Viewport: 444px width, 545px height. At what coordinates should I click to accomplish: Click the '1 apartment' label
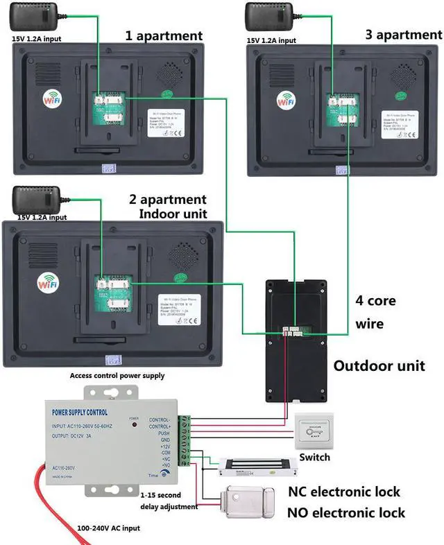click(x=164, y=36)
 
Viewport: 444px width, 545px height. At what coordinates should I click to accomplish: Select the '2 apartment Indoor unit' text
click(x=167, y=207)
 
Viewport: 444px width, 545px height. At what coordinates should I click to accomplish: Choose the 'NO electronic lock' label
click(x=346, y=513)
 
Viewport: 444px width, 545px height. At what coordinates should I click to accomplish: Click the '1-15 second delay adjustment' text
click(x=170, y=501)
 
